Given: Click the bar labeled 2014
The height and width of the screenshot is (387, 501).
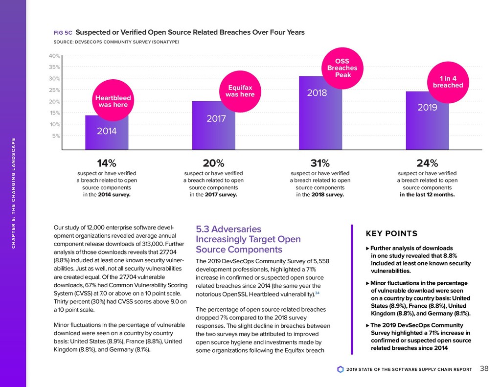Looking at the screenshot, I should point(107,132).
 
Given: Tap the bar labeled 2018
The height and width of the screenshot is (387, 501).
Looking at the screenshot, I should point(320,113).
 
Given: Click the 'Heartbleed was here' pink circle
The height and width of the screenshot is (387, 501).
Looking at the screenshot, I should point(113,101).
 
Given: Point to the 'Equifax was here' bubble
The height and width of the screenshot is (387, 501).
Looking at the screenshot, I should point(240,91).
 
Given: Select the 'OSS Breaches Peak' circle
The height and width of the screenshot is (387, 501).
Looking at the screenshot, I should point(342,68).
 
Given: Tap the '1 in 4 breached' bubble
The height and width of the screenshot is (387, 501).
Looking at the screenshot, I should point(448,81).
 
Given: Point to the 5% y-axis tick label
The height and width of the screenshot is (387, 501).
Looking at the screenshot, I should point(55,136).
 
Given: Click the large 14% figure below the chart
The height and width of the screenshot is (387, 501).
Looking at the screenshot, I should point(107,162).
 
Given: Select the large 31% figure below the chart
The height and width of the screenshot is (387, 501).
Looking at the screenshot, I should point(320,162).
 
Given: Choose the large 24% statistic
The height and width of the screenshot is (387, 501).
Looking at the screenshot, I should point(427,162).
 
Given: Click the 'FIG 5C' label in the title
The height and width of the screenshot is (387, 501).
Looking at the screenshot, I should point(63,33).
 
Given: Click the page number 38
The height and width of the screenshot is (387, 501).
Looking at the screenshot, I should point(484,369).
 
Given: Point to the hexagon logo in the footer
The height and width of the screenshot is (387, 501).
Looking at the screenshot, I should point(341,369).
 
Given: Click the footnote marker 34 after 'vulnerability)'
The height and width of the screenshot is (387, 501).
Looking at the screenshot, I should point(318,293).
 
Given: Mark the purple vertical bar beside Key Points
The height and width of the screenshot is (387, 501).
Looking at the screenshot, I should point(352,289).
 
